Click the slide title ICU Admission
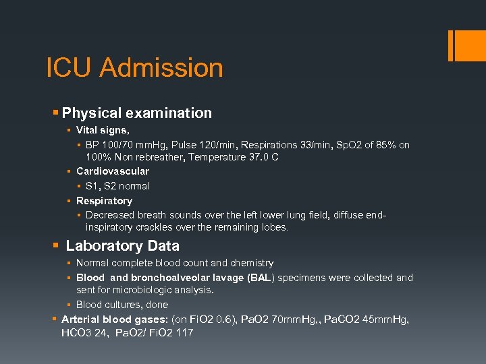134,68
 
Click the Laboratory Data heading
122,246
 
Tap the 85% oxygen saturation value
383,145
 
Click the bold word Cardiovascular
112,171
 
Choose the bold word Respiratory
104,201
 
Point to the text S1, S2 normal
117,186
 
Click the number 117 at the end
184,333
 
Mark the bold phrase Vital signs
102,130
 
